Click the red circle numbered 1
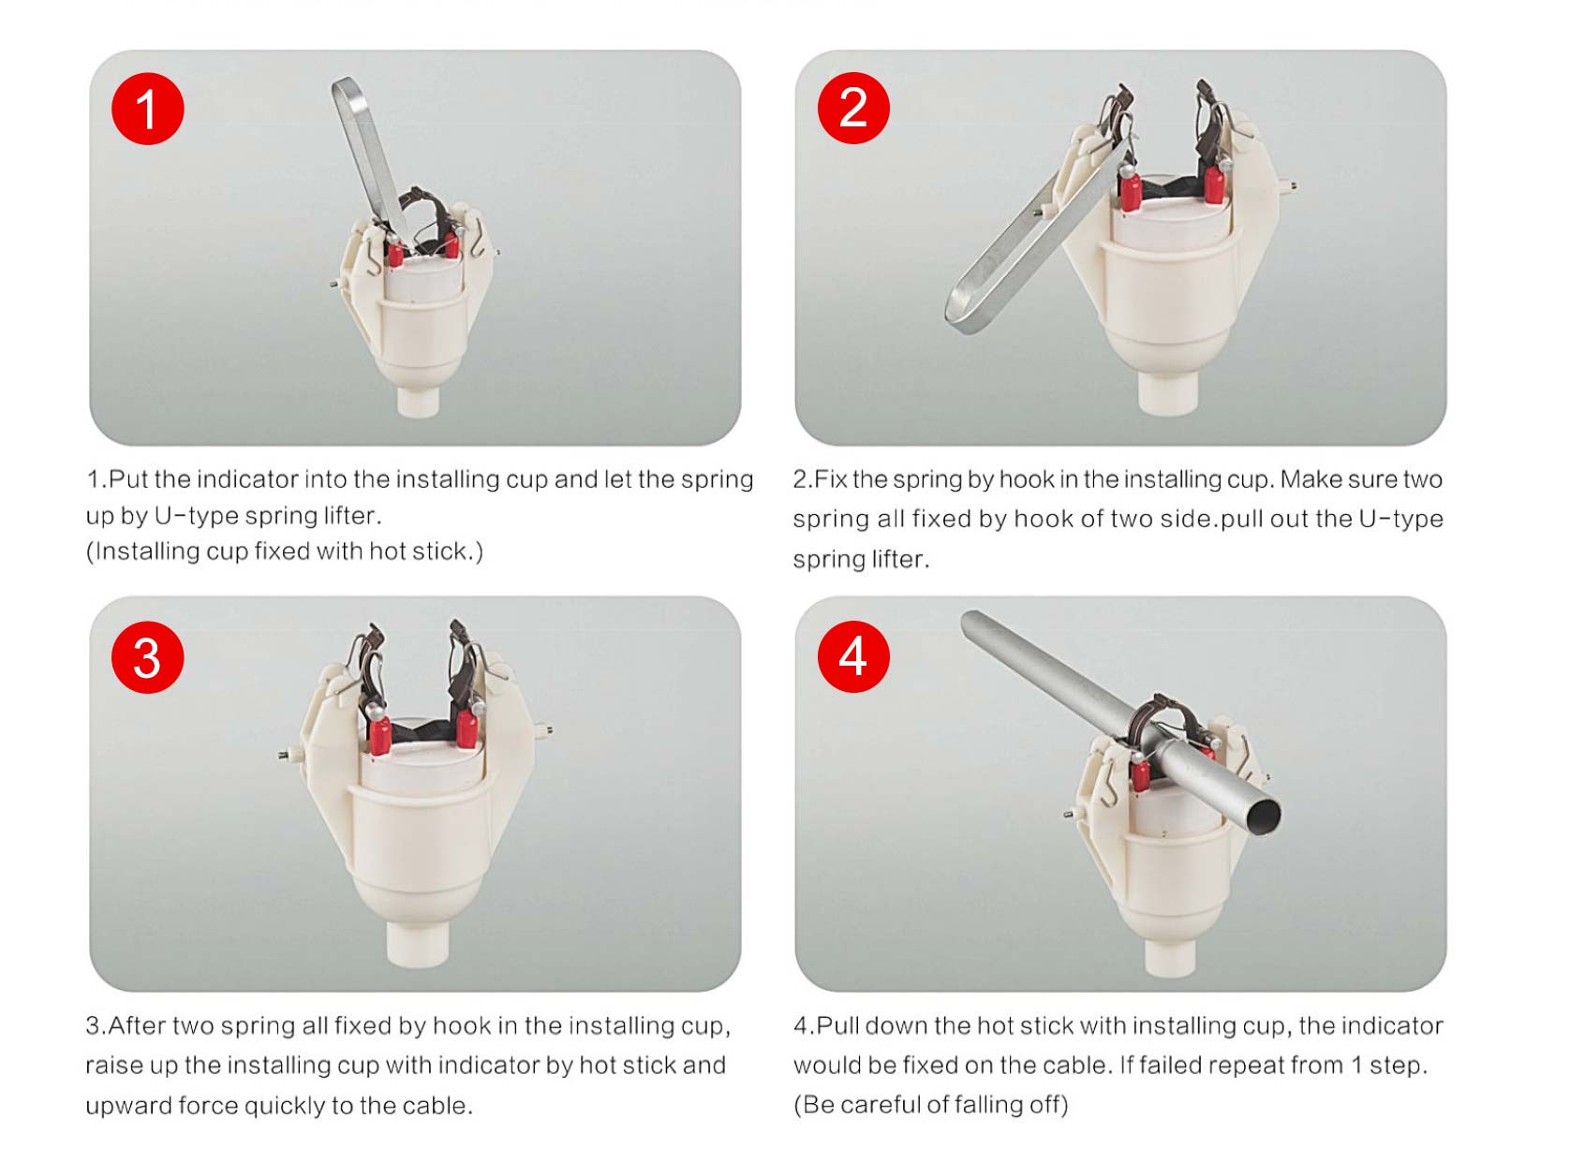click(147, 109)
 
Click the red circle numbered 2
click(853, 109)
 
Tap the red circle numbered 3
click(147, 657)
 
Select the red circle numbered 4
click(853, 655)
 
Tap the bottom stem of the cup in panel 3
click(418, 944)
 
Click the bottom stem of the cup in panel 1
click(418, 401)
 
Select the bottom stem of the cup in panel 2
click(1168, 392)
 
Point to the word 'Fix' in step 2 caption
click(830, 479)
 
